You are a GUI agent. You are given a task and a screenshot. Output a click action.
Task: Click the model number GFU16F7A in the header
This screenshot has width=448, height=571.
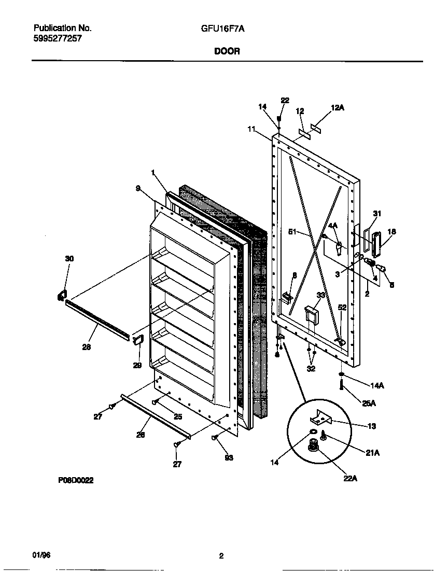[x=222, y=30]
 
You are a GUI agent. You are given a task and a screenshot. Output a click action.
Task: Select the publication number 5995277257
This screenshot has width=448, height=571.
[x=57, y=38]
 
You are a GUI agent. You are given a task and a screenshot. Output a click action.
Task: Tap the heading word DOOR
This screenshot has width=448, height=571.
[x=227, y=51]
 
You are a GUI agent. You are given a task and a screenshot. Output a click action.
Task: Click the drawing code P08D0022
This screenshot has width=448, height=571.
[x=76, y=481]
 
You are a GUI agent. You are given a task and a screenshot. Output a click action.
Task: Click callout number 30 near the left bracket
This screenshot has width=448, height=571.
[x=69, y=258]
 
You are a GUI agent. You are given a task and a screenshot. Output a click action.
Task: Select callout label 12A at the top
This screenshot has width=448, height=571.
[x=337, y=107]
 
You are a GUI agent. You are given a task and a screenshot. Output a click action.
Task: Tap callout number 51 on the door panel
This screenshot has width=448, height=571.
[x=293, y=232]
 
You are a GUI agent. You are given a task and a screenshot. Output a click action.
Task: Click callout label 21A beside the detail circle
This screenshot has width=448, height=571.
[x=372, y=452]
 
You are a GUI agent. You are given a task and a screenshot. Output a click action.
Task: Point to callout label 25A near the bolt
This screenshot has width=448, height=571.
[x=369, y=403]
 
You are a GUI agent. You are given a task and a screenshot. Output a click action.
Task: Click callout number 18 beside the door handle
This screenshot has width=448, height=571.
[x=391, y=232]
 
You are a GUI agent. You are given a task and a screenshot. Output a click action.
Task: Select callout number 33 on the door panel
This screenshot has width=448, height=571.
[x=321, y=295]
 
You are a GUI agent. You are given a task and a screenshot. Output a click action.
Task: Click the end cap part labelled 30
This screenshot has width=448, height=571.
[x=62, y=296]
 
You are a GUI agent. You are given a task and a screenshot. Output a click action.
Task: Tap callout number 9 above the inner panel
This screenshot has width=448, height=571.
[x=138, y=189]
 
